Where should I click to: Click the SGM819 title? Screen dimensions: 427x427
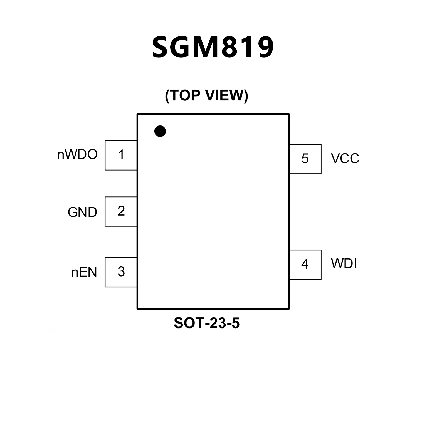point(213,47)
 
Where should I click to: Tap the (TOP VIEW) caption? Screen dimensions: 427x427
point(206,95)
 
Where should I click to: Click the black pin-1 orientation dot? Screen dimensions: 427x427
point(160,131)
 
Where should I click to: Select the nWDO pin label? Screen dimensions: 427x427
point(77,155)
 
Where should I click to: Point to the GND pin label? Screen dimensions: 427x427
point(82,213)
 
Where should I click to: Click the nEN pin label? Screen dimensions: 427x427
point(84,272)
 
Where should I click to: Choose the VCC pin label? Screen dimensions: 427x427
point(345,159)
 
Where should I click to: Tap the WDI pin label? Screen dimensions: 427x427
point(344,264)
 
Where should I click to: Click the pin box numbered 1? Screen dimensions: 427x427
point(121,155)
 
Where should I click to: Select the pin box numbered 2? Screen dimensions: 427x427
point(121,211)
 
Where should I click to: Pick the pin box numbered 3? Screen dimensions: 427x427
point(121,272)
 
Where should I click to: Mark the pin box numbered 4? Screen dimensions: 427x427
point(305,265)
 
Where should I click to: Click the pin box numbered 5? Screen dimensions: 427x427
point(305,159)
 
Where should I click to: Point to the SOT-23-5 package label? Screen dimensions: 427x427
point(207,323)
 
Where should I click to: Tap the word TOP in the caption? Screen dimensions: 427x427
point(185,95)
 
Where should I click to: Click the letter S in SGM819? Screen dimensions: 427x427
point(161,47)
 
